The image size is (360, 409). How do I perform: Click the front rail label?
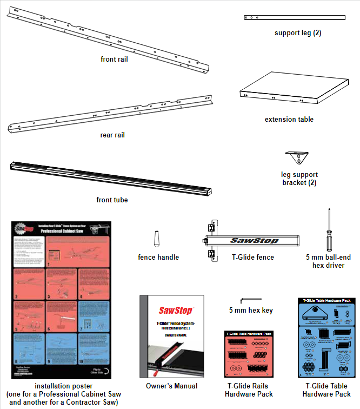[114, 59]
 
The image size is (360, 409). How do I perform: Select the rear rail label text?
[112, 135]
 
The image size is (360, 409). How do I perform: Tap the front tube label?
[112, 200]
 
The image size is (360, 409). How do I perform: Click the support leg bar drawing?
[294, 18]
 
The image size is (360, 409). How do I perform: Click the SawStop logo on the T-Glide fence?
[254, 240]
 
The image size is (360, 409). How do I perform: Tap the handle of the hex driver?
[326, 239]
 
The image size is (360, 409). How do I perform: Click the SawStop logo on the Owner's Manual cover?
[172, 310]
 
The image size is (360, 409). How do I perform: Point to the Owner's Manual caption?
[171, 386]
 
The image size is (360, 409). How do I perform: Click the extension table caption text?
[289, 119]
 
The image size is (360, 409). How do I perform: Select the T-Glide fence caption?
[252, 257]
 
